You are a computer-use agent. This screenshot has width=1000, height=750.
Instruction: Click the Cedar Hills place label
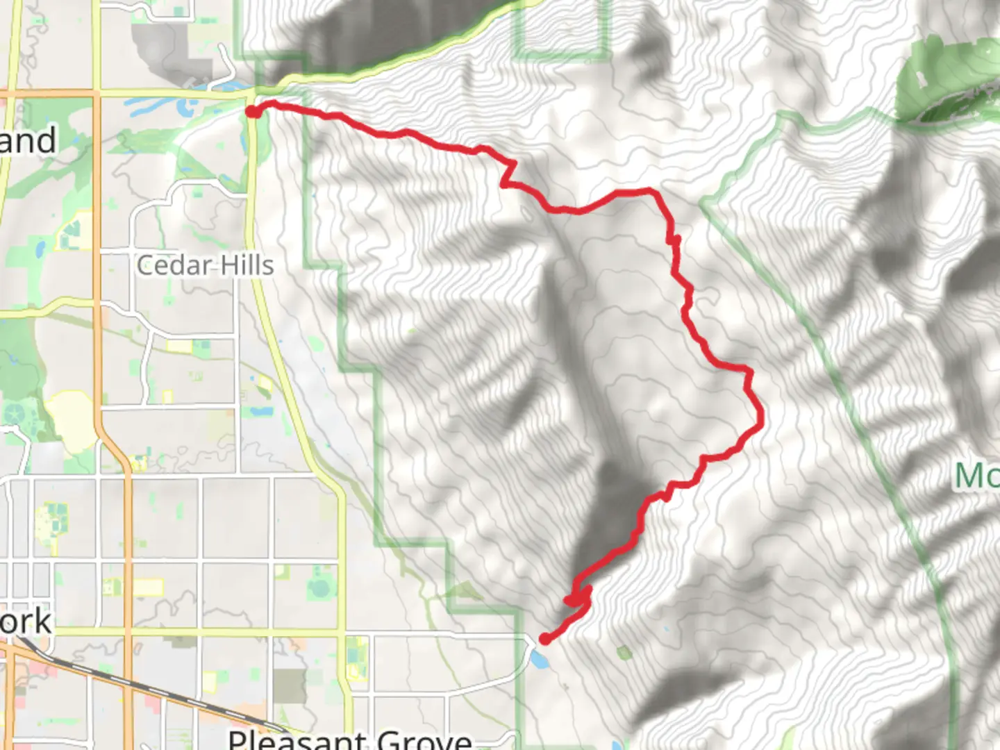pyautogui.click(x=206, y=265)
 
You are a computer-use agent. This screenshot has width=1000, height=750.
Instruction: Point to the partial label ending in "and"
pyautogui.click(x=28, y=141)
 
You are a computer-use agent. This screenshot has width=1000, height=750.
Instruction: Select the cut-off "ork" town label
pyautogui.click(x=26, y=622)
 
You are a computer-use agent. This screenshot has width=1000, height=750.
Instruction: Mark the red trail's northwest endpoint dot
pyautogui.click(x=253, y=111)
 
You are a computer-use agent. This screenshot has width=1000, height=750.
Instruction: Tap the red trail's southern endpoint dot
pyautogui.click(x=545, y=639)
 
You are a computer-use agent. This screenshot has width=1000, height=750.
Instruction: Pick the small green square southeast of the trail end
pyautogui.click(x=623, y=652)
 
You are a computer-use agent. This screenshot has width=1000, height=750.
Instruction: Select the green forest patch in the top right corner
pyautogui.click(x=948, y=80)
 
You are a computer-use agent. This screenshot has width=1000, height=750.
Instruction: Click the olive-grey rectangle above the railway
pyautogui.click(x=289, y=686)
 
